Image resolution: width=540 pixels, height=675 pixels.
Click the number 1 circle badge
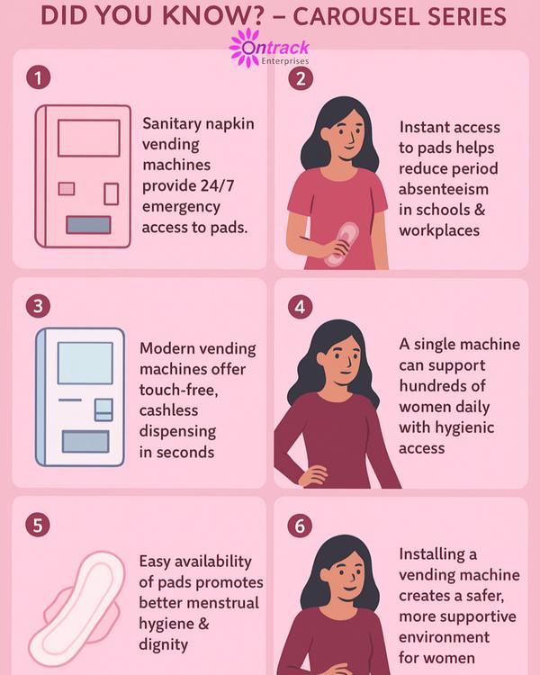tap(39, 77)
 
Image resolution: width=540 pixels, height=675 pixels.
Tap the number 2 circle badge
tap(300, 78)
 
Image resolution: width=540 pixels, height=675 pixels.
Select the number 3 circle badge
tap(38, 306)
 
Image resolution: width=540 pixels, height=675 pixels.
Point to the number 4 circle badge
tap(300, 307)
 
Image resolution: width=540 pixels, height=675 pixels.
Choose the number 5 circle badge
tap(38, 526)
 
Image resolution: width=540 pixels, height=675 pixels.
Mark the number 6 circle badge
tap(300, 526)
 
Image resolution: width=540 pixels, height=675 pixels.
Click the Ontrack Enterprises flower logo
tap(246, 48)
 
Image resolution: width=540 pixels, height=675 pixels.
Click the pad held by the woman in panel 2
tap(341, 244)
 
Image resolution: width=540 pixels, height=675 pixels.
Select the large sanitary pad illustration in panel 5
tap(76, 608)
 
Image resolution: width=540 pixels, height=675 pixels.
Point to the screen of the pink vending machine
tap(89, 138)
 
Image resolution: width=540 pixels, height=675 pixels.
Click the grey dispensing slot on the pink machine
tap(88, 225)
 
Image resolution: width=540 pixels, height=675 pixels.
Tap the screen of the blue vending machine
tap(85, 363)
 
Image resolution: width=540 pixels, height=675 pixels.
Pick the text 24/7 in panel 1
tap(218, 185)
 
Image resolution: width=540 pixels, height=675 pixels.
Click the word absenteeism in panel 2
tap(443, 189)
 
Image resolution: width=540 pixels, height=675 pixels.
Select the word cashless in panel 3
tap(168, 410)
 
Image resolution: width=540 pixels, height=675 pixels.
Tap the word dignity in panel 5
tap(163, 645)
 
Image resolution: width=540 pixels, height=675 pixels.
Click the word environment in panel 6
tap(444, 637)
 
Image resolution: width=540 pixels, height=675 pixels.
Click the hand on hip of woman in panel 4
tap(313, 475)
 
